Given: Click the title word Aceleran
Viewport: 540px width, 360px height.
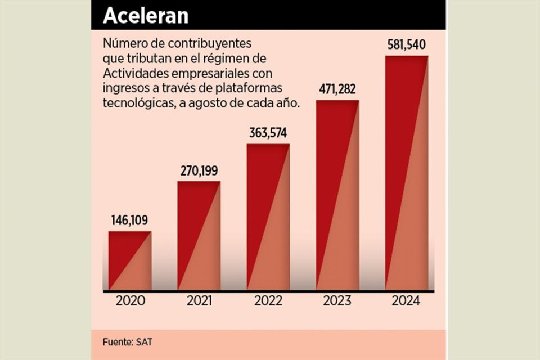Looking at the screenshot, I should pos(146,16).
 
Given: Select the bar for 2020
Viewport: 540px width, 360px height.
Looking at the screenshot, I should pos(130,260).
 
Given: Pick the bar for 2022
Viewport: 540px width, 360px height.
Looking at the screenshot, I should pos(268,217).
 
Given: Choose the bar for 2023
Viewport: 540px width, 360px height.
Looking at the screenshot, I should pos(337,195).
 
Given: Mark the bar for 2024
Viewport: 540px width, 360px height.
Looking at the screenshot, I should pos(407,173).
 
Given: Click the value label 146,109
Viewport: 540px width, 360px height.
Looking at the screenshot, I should pos(129,220).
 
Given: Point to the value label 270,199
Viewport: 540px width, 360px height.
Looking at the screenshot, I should pos(199,170).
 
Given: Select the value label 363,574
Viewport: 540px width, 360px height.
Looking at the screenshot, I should pos(268,133).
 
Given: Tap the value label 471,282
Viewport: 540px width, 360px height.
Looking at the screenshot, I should pos(337,89).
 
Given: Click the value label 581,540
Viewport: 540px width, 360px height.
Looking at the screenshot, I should pos(407,44).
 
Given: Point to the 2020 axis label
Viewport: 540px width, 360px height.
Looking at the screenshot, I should pos(130,301).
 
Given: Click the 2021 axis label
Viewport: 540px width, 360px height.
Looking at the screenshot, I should pos(199,301).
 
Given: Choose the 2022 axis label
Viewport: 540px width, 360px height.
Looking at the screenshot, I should pos(268,301).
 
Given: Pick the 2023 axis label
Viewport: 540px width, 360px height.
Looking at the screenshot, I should pos(337,301).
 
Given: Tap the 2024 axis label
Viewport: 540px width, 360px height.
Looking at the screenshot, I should pos(407,301).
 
